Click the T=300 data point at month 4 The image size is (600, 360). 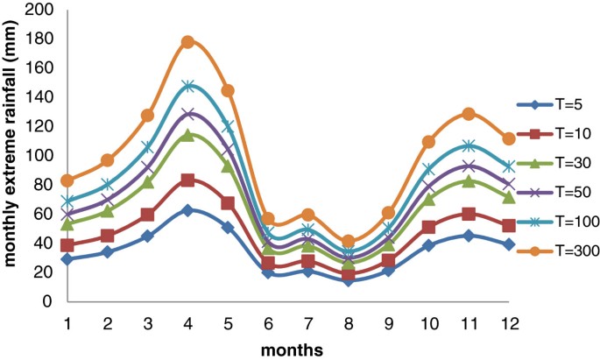(x=187, y=42)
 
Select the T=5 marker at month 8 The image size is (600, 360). (x=349, y=279)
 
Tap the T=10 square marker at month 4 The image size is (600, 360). (x=187, y=180)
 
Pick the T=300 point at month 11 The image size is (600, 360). (x=469, y=114)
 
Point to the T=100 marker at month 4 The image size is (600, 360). (x=187, y=86)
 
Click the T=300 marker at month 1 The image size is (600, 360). (x=67, y=180)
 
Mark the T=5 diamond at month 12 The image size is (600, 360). (x=509, y=244)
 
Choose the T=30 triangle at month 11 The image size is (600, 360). (x=469, y=181)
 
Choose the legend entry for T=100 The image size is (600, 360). (x=556, y=224)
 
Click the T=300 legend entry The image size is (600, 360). (x=556, y=252)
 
